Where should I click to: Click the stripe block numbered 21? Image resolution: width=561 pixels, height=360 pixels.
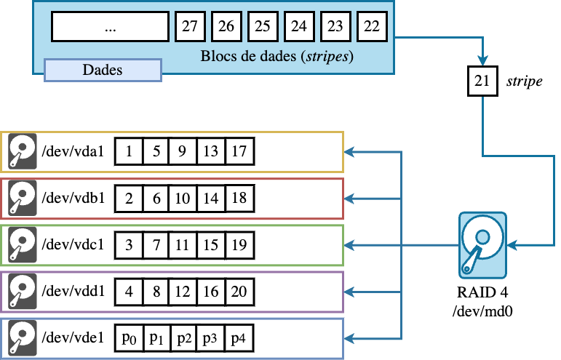point(482,81)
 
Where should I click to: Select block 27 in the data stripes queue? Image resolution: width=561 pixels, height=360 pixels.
point(190,27)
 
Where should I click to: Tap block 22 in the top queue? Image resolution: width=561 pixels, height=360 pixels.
point(372,27)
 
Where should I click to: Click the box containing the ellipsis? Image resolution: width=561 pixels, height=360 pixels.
point(110,28)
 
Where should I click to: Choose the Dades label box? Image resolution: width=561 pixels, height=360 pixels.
point(103,70)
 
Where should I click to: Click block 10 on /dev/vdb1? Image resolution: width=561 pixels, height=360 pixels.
point(183,198)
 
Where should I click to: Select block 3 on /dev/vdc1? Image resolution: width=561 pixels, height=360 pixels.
point(129,244)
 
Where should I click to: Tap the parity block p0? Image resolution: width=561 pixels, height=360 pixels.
point(129,337)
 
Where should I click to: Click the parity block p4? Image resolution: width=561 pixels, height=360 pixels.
point(239,337)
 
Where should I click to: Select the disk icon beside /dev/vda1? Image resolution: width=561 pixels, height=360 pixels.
point(22,152)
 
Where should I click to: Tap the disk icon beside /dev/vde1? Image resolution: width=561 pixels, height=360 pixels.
point(22,337)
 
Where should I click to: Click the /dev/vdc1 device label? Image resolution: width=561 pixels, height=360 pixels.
point(73,244)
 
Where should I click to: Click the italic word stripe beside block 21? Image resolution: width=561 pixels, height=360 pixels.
point(524,81)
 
